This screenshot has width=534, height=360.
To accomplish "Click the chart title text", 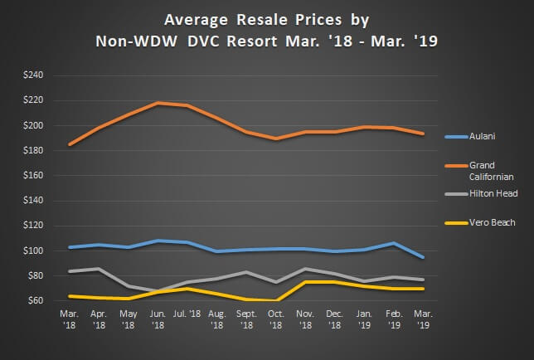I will click(x=266, y=27).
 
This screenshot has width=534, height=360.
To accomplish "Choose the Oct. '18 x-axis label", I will click(x=275, y=320).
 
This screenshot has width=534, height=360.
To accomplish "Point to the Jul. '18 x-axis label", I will click(x=187, y=315).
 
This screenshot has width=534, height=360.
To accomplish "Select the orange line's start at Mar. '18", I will click(x=70, y=144).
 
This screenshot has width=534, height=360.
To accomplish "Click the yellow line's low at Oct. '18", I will click(x=275, y=300).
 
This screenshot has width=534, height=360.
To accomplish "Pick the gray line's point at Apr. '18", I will click(x=100, y=269).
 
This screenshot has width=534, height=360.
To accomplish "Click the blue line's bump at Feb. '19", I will click(x=391, y=243).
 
